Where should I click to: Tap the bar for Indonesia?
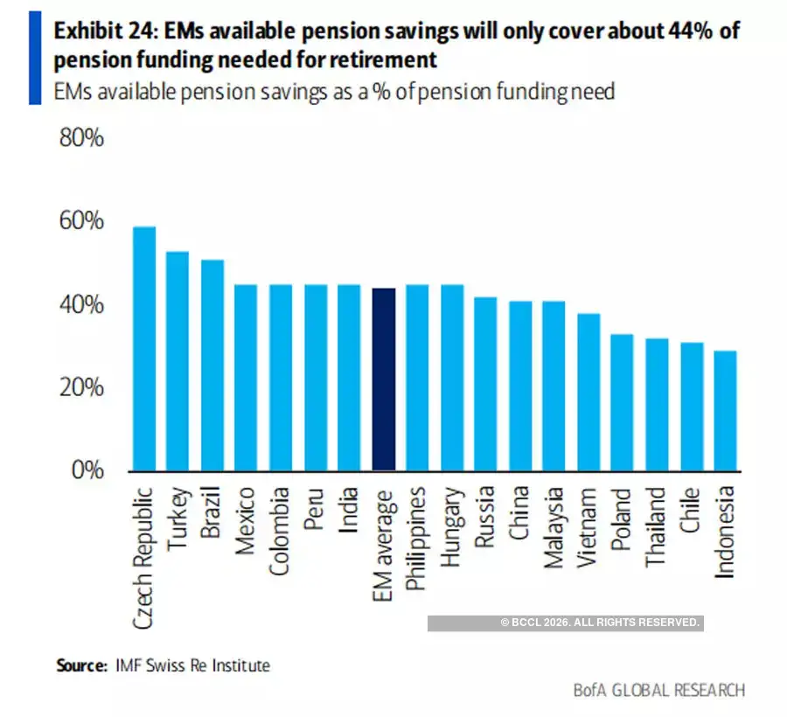pyautogui.click(x=725, y=410)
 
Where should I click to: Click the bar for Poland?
pyautogui.click(x=623, y=402)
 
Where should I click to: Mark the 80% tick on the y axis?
pyautogui.click(x=80, y=138)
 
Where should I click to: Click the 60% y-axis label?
pyautogui.click(x=80, y=221)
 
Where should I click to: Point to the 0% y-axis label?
pyautogui.click(x=86, y=470)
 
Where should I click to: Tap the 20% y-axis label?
pyautogui.click(x=80, y=387)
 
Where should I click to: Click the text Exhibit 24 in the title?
pyautogui.click(x=103, y=31)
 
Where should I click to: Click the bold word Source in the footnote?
pyautogui.click(x=82, y=665)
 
